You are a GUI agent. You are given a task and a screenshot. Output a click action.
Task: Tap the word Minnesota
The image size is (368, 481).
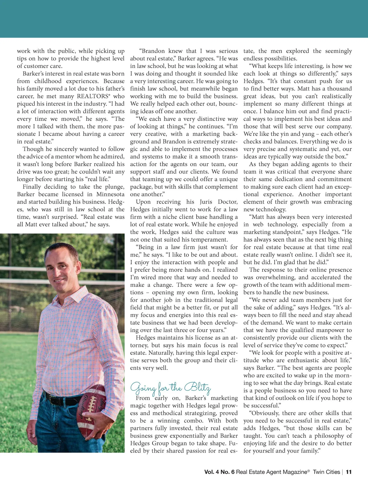(x=110, y=194)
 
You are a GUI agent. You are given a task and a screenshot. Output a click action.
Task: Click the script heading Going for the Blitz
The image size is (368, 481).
(x=171, y=387)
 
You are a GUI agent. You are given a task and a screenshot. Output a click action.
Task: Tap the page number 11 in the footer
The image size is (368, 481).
(x=349, y=472)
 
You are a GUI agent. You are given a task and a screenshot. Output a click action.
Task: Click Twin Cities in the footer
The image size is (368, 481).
(x=326, y=472)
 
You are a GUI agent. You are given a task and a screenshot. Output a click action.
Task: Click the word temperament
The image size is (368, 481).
(x=209, y=240)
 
